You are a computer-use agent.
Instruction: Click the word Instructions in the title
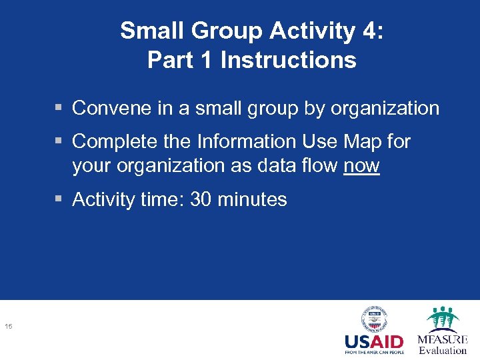click(288, 60)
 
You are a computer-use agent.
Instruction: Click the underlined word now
click(361, 166)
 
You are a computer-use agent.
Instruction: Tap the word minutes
click(253, 199)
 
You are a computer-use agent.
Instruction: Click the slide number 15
click(9, 326)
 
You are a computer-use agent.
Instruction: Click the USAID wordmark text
click(373, 342)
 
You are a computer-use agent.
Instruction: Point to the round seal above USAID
click(374, 319)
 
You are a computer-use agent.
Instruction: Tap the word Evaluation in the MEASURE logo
click(442, 350)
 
